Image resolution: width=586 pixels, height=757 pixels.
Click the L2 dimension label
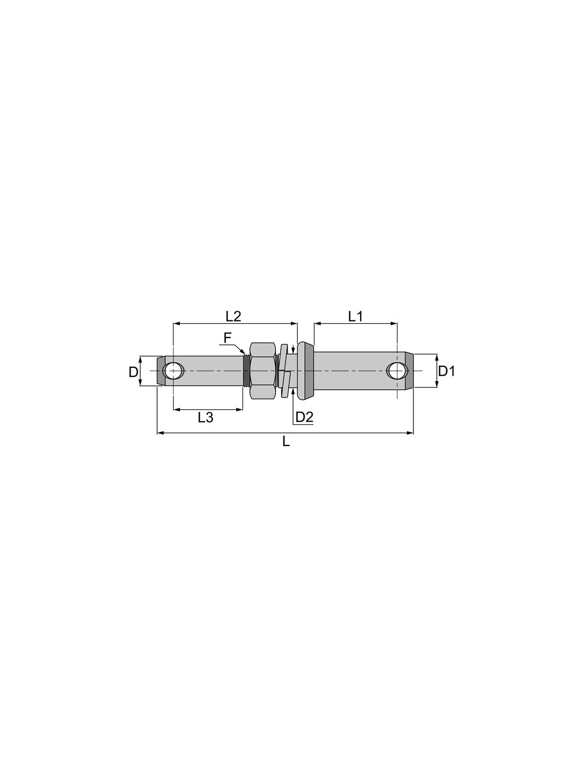233,316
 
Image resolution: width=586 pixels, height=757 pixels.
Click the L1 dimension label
355,316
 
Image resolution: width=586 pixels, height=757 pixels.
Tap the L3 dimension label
205,417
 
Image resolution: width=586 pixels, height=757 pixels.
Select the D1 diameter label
446,372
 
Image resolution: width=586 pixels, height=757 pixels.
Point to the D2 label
304,417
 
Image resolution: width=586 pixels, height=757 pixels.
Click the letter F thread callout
227,338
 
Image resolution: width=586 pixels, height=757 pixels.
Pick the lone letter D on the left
133,372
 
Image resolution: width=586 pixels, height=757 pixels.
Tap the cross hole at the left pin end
173,371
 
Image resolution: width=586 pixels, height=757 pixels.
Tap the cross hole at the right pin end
397,371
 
